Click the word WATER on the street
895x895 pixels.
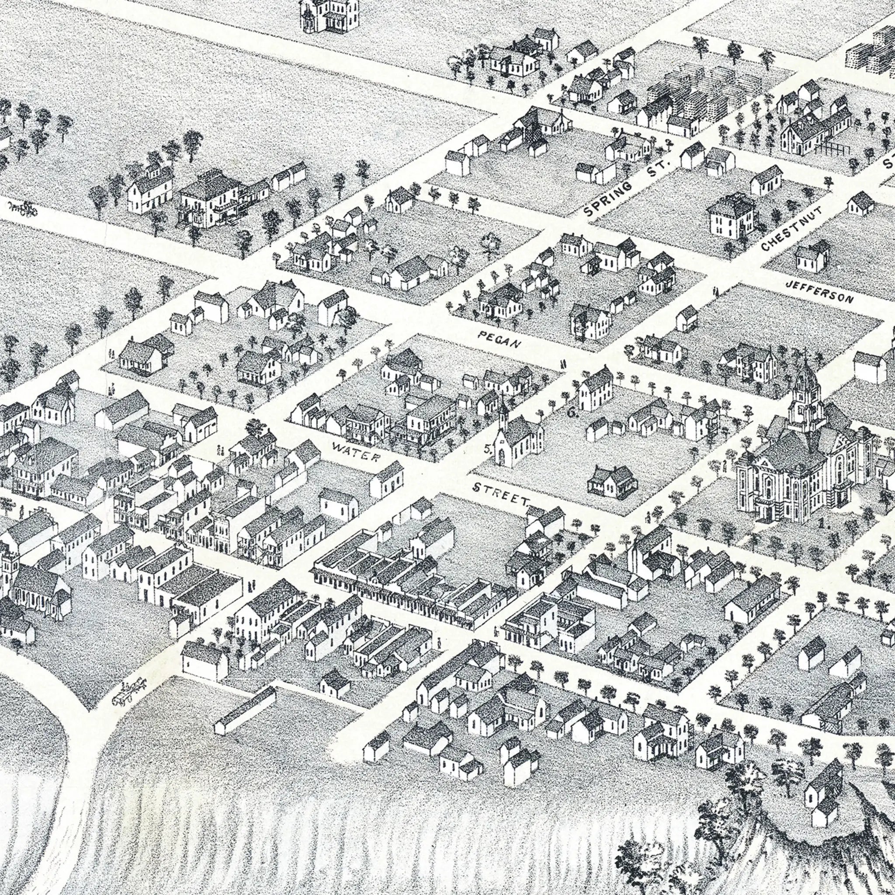(x=356, y=452)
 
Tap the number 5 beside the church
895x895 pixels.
(x=487, y=448)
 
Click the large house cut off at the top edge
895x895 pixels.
(x=330, y=16)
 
